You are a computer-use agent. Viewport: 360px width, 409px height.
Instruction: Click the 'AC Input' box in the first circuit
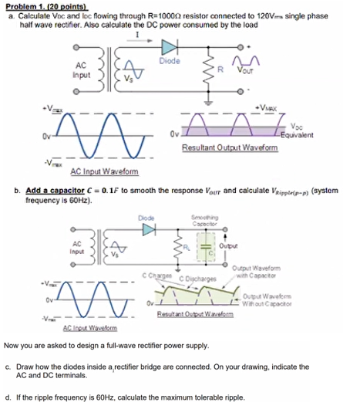(x=81, y=70)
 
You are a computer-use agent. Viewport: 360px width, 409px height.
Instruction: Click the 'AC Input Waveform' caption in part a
(x=103, y=171)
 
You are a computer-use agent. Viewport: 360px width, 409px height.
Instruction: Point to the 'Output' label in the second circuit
(x=230, y=245)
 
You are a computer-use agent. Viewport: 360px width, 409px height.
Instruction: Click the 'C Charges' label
(x=157, y=275)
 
